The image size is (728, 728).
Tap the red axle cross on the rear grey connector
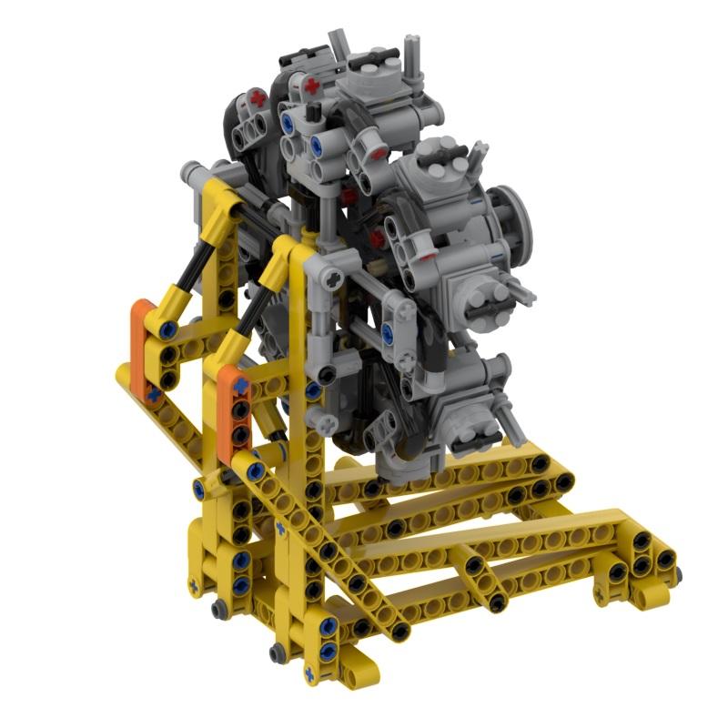[260, 96]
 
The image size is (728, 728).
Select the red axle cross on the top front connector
[312, 87]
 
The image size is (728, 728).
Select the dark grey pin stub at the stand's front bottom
[278, 652]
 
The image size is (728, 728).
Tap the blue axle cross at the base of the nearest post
[308, 673]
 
